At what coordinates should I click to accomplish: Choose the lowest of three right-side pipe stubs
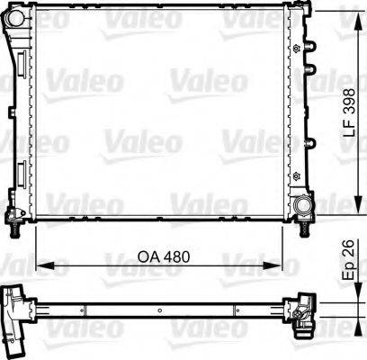pyautogui.click(x=313, y=145)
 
